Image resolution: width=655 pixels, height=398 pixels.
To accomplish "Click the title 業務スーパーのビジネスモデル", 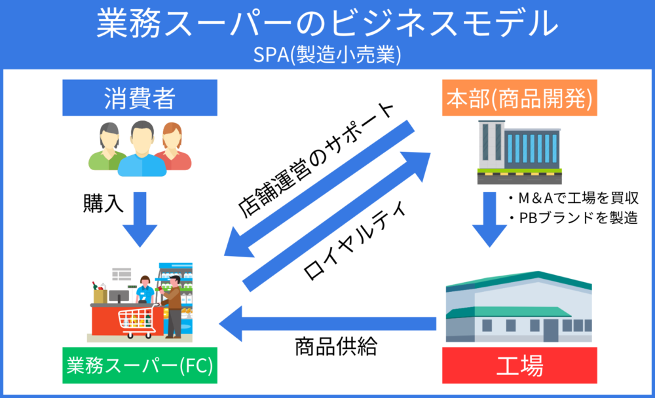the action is coord(327,24).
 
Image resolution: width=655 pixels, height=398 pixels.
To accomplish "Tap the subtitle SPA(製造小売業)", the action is coord(327,55).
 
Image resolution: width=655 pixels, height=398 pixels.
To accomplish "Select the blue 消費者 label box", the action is coord(140,98).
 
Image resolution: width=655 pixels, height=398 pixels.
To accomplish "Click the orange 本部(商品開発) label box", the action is coord(519,98).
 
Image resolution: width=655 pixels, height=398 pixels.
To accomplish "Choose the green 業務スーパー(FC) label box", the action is coord(140,365).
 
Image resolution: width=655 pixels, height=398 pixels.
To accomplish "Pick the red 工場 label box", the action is coord(519,365).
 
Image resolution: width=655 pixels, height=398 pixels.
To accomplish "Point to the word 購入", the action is coord(103,204).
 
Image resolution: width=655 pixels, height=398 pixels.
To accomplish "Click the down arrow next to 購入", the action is coord(140,219).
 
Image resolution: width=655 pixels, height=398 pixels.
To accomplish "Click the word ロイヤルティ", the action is coord(354,240).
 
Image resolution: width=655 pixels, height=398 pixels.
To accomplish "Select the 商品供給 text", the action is coord(336,346).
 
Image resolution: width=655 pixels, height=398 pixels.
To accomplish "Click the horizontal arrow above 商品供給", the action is coord(327,323).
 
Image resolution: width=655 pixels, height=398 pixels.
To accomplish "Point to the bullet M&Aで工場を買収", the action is coord(573,198).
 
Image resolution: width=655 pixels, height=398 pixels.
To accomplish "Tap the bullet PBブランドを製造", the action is coord(573,217).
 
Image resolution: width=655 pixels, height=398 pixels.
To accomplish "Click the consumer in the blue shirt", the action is coord(142,149).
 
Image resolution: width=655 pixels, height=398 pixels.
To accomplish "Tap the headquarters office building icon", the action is coord(519,153).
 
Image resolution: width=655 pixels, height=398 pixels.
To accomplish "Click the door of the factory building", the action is coord(551,331).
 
